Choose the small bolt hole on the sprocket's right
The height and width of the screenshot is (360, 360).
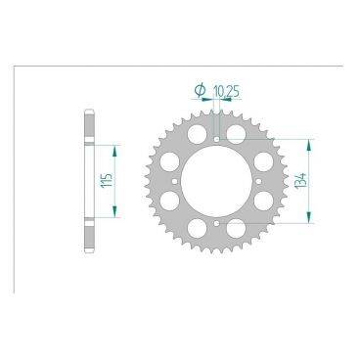[x=258, y=181]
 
